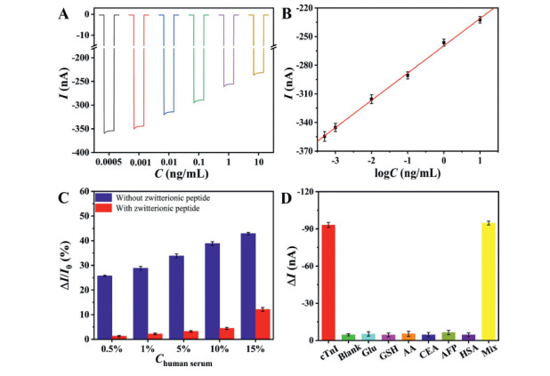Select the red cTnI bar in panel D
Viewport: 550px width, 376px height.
click(x=328, y=282)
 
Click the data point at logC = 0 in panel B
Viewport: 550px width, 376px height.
click(x=443, y=42)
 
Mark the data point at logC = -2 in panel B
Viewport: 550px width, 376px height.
click(x=371, y=100)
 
